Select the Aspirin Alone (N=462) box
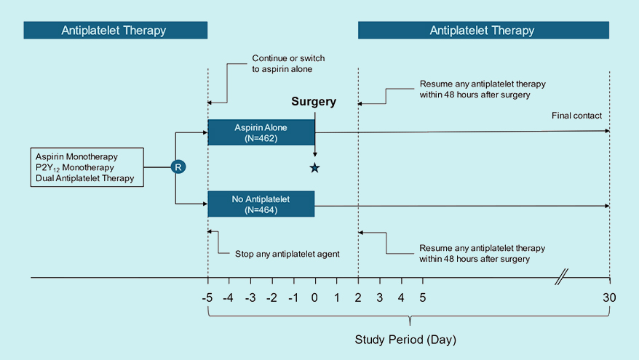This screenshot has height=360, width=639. click(261, 132)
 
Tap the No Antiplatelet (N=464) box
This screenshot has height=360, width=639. click(261, 204)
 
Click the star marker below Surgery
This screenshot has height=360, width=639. click(314, 168)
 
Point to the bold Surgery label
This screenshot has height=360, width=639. click(314, 102)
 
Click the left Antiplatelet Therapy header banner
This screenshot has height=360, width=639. click(115, 31)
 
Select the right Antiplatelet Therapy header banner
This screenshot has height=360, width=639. click(483, 31)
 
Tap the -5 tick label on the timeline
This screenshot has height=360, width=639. click(207, 297)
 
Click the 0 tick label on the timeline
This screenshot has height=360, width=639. click(315, 297)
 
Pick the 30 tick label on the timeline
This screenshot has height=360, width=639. click(609, 297)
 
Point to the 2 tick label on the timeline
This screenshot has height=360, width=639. click(358, 297)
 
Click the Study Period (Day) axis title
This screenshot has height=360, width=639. click(405, 340)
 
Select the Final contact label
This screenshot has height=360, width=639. click(577, 115)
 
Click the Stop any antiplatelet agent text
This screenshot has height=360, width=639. click(287, 254)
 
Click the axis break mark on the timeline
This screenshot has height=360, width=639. click(561, 277)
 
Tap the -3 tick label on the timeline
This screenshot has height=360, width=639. click(250, 297)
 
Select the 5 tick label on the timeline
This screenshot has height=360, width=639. click(422, 297)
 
